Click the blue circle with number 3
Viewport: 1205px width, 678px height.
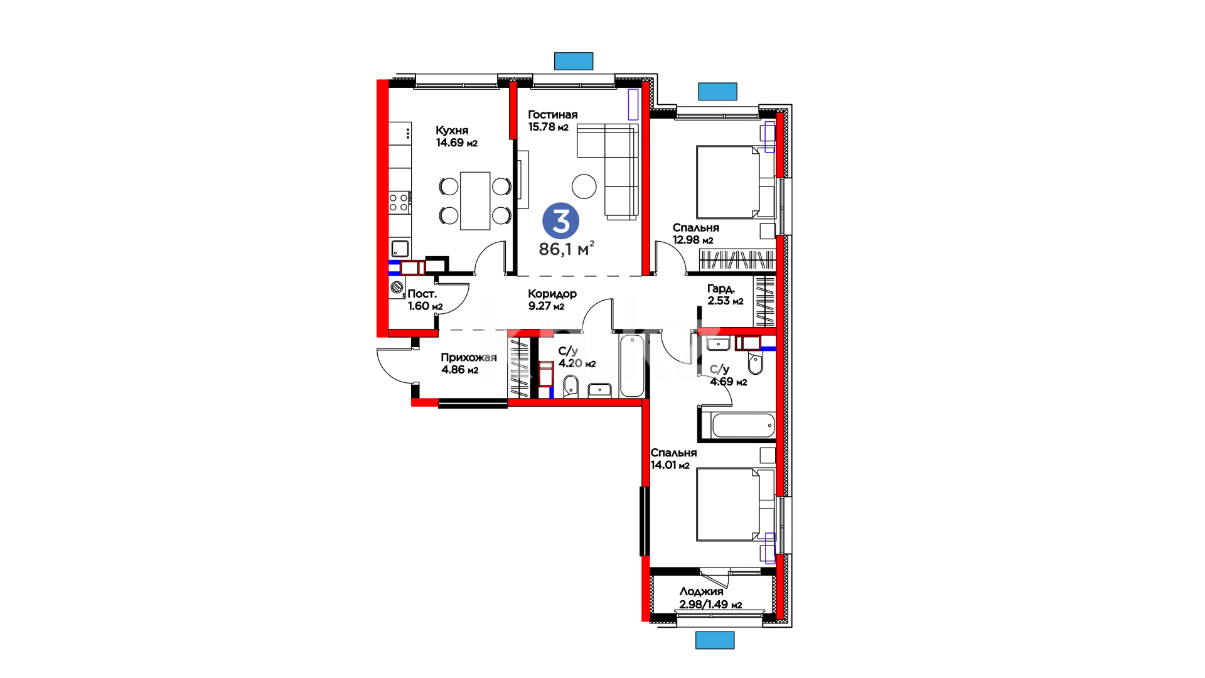coord(560,221)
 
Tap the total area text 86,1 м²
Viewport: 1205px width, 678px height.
coord(566,249)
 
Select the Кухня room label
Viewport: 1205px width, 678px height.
coord(452,131)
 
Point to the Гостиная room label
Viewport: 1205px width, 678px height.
coord(552,114)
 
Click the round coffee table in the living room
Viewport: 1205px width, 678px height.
coord(584,186)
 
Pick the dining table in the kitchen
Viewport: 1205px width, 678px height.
coord(475,201)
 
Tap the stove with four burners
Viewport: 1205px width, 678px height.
coord(400,202)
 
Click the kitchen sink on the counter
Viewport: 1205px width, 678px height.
coord(400,248)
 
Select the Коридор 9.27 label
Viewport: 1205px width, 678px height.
coord(552,299)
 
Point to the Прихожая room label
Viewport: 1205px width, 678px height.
coord(468,357)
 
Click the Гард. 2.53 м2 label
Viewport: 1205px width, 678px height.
coord(726,294)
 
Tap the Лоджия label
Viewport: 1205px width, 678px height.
coord(701,591)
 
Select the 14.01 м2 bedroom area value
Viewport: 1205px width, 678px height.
coord(670,465)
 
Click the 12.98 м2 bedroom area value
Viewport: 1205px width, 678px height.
coord(693,240)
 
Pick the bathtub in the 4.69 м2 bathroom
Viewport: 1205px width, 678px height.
coord(743,425)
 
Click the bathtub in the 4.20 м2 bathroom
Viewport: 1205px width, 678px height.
coord(632,366)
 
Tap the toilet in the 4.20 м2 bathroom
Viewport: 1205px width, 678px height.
coord(570,386)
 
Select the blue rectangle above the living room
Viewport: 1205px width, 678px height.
coord(574,61)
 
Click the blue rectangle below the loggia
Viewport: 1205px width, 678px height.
coord(715,640)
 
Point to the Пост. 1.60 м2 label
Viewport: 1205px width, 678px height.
coord(425,300)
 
